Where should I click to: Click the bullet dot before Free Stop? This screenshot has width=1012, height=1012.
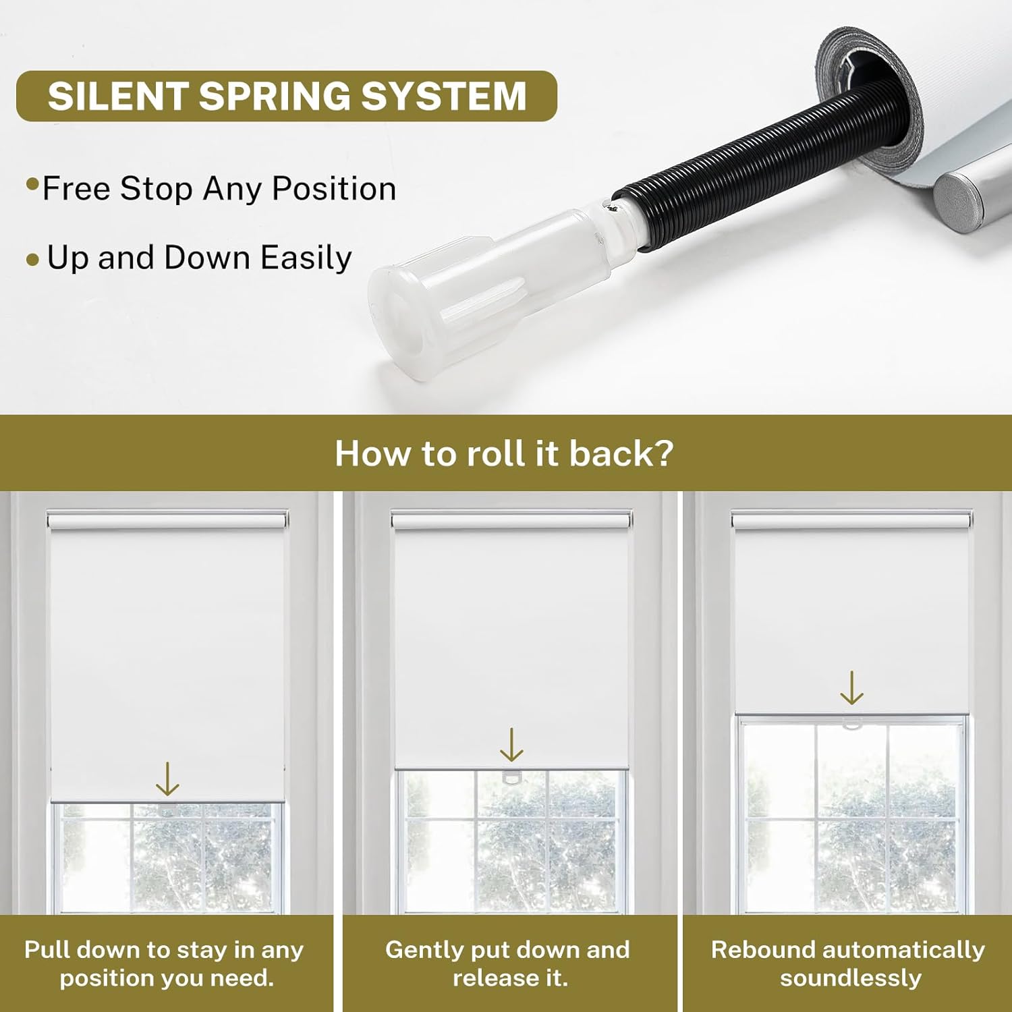tap(32, 184)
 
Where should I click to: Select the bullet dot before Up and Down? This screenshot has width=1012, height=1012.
tap(32, 260)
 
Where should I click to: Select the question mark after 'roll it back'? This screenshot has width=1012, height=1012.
tap(663, 453)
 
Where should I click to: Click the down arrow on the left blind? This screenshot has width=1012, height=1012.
tap(167, 779)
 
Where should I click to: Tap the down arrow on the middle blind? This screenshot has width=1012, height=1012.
tap(511, 744)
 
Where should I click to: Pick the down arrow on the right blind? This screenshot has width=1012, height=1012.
tap(852, 687)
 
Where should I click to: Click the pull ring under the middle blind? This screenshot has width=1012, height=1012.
tap(512, 777)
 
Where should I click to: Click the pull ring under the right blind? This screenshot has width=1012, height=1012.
tap(852, 724)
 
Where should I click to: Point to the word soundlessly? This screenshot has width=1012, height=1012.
tap(850, 978)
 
